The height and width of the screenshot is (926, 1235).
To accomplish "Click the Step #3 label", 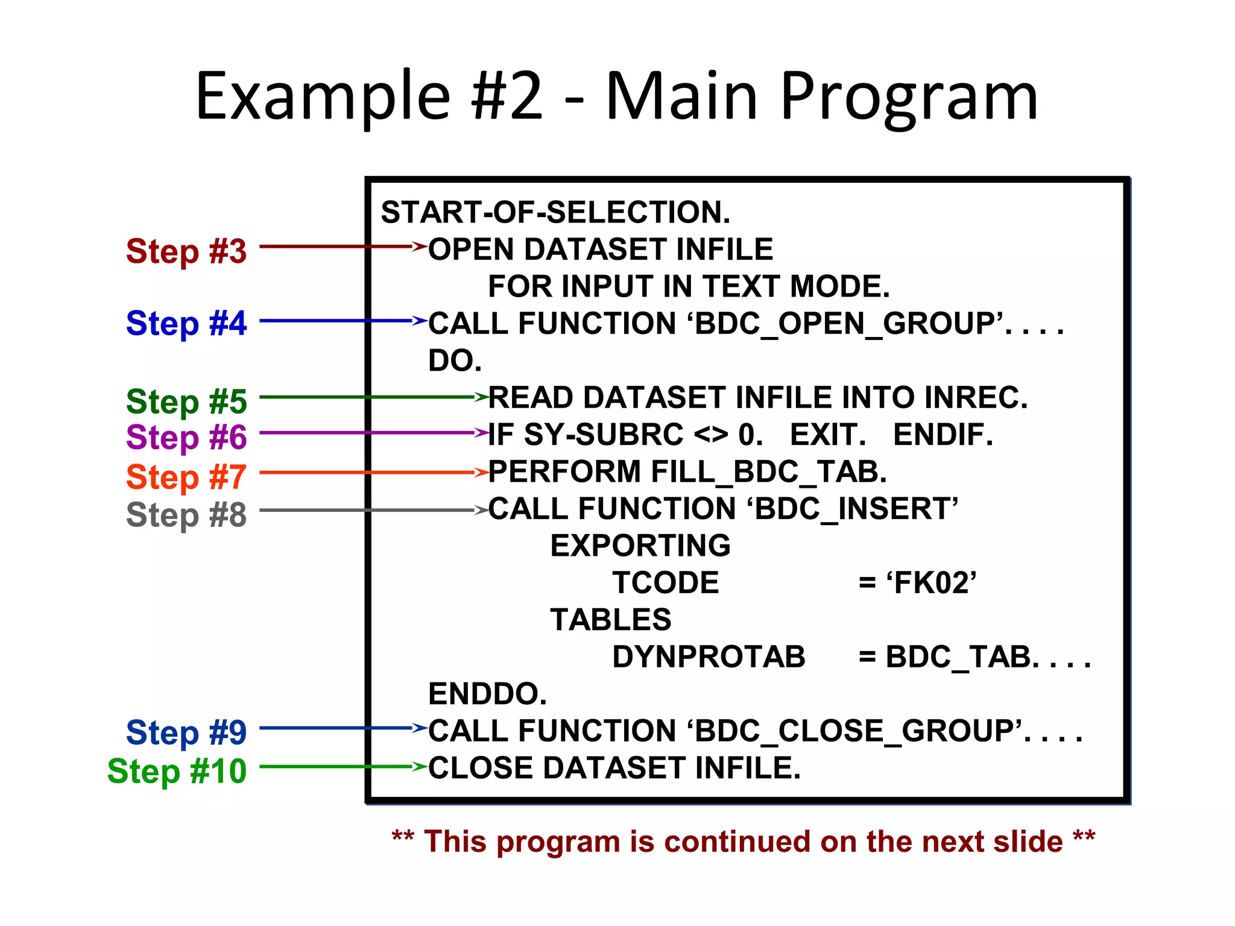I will click(x=186, y=251).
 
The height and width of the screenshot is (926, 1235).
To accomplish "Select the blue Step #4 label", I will click(x=186, y=323).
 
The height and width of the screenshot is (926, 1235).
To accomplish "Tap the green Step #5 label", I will click(x=186, y=401).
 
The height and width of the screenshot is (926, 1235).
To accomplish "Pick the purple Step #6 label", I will click(x=186, y=436).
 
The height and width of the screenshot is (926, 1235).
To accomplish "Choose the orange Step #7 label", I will click(x=186, y=477).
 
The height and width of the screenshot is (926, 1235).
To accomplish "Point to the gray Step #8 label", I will click(x=186, y=515).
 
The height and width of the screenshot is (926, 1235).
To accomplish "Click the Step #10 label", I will click(x=177, y=770).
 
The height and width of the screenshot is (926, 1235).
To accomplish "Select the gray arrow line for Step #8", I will click(x=362, y=511).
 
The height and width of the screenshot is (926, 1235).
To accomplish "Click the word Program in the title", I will click(x=909, y=96).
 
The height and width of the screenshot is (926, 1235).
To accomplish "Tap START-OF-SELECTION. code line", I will click(x=555, y=212).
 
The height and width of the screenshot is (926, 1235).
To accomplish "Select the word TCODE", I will click(x=665, y=583).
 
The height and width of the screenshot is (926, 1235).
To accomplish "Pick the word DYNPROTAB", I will click(x=709, y=657).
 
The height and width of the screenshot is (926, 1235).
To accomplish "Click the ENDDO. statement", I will click(x=487, y=694).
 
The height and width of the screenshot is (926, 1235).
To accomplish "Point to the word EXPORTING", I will click(x=640, y=546).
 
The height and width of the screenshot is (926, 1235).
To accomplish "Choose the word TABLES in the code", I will click(x=610, y=620).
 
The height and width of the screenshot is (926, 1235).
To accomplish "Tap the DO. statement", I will click(x=455, y=361).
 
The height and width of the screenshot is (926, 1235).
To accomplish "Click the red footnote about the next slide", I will click(x=743, y=841).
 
